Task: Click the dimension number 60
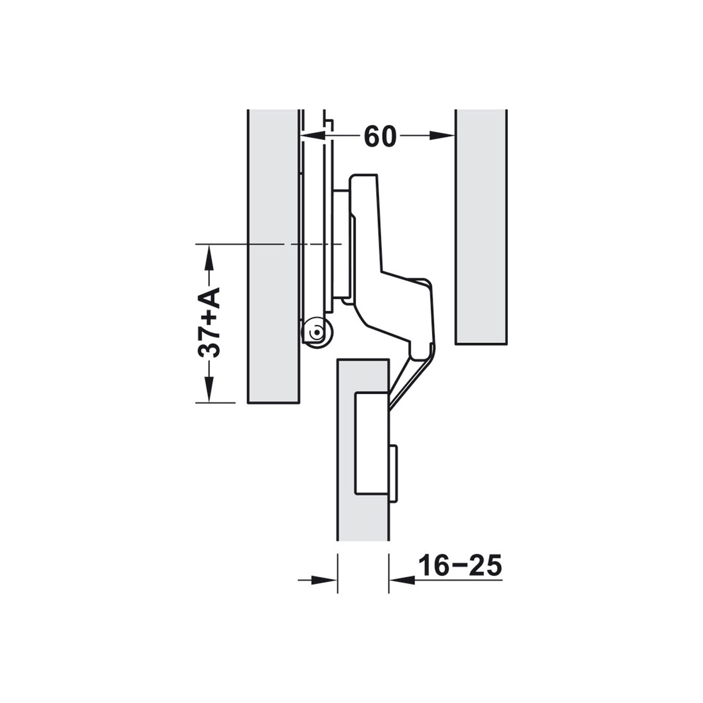pyautogui.click(x=380, y=136)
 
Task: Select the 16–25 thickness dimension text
pyautogui.click(x=460, y=566)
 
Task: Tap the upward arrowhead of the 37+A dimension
pyautogui.click(x=209, y=257)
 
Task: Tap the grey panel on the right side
pyautogui.click(x=481, y=227)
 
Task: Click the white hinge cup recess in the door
pyautogui.click(x=371, y=443)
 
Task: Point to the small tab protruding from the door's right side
pyautogui.click(x=393, y=473)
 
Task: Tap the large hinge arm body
pyautogui.click(x=396, y=302)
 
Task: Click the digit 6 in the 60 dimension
pyautogui.click(x=372, y=136)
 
